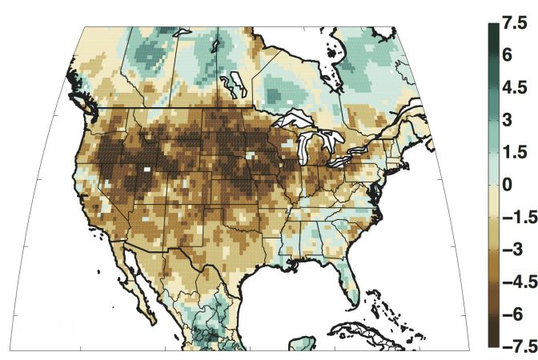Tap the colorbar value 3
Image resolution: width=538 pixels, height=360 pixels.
click(509, 120)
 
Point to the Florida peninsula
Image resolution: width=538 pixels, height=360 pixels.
click(347, 280)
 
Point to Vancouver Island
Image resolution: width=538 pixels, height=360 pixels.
click(75, 90)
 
